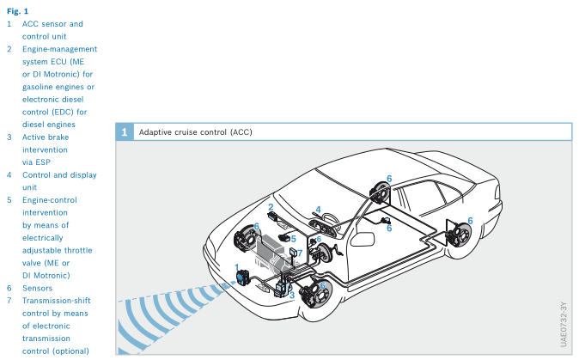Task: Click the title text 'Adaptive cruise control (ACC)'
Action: [x=195, y=132]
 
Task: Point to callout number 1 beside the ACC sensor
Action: [x=237, y=267]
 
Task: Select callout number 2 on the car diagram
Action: [x=271, y=207]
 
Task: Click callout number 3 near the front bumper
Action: [x=292, y=295]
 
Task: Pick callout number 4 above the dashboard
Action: [x=318, y=209]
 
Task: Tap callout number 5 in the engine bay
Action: [x=294, y=238]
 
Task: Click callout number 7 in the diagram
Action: [x=298, y=255]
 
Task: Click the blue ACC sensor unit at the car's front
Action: [x=242, y=278]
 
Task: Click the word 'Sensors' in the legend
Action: [x=38, y=288]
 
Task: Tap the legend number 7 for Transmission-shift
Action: [x=9, y=301]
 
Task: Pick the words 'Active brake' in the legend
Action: [x=46, y=137]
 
